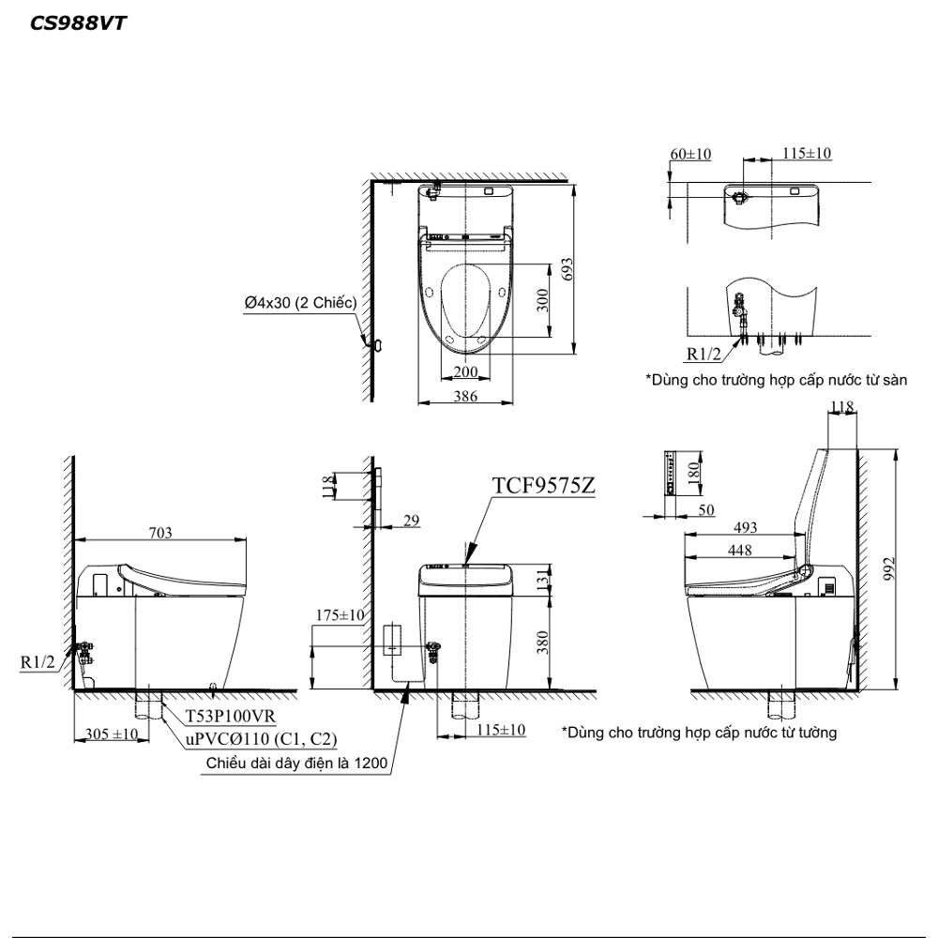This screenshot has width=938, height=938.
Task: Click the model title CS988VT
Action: click(x=78, y=23)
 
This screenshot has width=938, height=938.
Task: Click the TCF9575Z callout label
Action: click(x=543, y=485)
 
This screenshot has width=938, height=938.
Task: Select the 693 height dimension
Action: click(x=567, y=269)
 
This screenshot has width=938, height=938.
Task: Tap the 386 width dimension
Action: click(x=465, y=396)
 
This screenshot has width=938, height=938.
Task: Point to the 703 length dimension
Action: click(x=159, y=533)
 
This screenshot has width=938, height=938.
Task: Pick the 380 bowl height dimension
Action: click(x=542, y=643)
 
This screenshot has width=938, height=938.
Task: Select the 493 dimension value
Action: click(x=745, y=527)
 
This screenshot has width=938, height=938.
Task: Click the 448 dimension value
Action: click(x=739, y=550)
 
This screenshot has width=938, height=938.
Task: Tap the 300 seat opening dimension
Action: click(x=542, y=300)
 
